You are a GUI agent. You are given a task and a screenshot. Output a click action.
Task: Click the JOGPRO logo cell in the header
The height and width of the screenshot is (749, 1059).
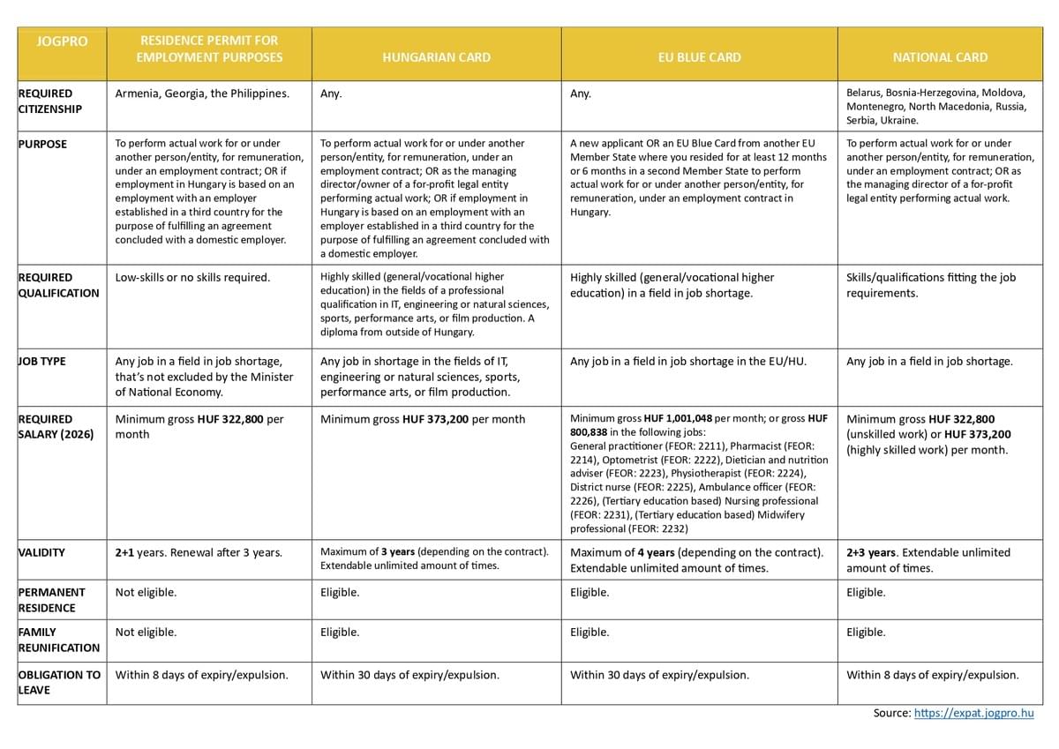pyautogui.click(x=62, y=41)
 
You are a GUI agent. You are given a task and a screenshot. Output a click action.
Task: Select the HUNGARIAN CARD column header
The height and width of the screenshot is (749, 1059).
pyautogui.click(x=436, y=57)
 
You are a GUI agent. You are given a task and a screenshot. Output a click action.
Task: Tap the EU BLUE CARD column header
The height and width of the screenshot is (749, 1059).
pyautogui.click(x=699, y=57)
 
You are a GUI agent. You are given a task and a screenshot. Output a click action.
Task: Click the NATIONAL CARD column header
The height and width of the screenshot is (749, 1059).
pyautogui.click(x=940, y=57)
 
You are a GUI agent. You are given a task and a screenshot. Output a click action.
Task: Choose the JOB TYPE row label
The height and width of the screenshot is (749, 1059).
pyautogui.click(x=42, y=361)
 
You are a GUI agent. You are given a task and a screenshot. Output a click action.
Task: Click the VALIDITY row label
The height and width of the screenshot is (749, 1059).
pyautogui.click(x=41, y=552)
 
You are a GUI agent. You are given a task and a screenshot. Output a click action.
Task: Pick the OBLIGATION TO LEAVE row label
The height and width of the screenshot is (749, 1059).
pyautogui.click(x=58, y=682)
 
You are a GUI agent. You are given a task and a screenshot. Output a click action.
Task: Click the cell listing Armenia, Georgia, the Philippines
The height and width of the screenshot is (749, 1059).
pyautogui.click(x=202, y=94)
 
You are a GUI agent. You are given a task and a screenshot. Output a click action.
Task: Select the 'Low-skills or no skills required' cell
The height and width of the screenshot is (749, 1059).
pyautogui.click(x=192, y=277)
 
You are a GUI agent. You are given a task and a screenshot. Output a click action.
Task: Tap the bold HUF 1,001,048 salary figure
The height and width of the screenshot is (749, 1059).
pyautogui.click(x=678, y=418)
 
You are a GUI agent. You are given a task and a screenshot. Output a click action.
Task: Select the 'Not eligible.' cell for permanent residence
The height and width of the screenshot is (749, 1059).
pyautogui.click(x=146, y=592)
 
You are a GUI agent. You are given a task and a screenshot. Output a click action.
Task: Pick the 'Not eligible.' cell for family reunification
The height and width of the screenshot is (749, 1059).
pyautogui.click(x=146, y=632)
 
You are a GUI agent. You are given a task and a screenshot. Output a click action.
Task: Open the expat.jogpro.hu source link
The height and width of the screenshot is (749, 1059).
pyautogui.click(x=973, y=713)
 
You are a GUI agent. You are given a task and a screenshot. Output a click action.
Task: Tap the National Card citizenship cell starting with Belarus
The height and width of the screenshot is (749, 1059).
pyautogui.click(x=935, y=106)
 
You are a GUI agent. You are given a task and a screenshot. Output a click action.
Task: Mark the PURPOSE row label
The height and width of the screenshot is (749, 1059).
pyautogui.click(x=42, y=144)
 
